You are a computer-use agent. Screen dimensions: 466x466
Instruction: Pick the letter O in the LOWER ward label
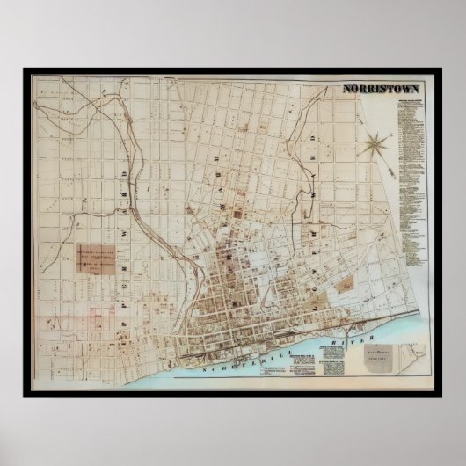(x=314, y=230)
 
